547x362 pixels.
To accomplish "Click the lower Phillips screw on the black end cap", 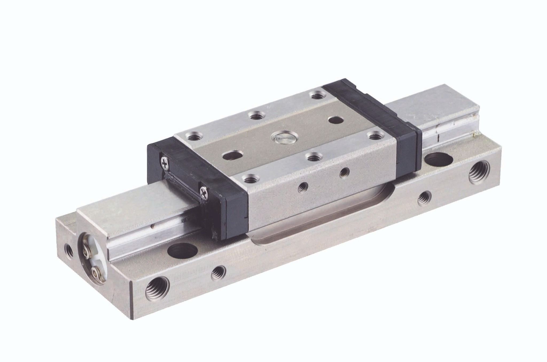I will coord(204,192).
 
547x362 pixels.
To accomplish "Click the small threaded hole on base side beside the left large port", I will coord(218,271).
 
